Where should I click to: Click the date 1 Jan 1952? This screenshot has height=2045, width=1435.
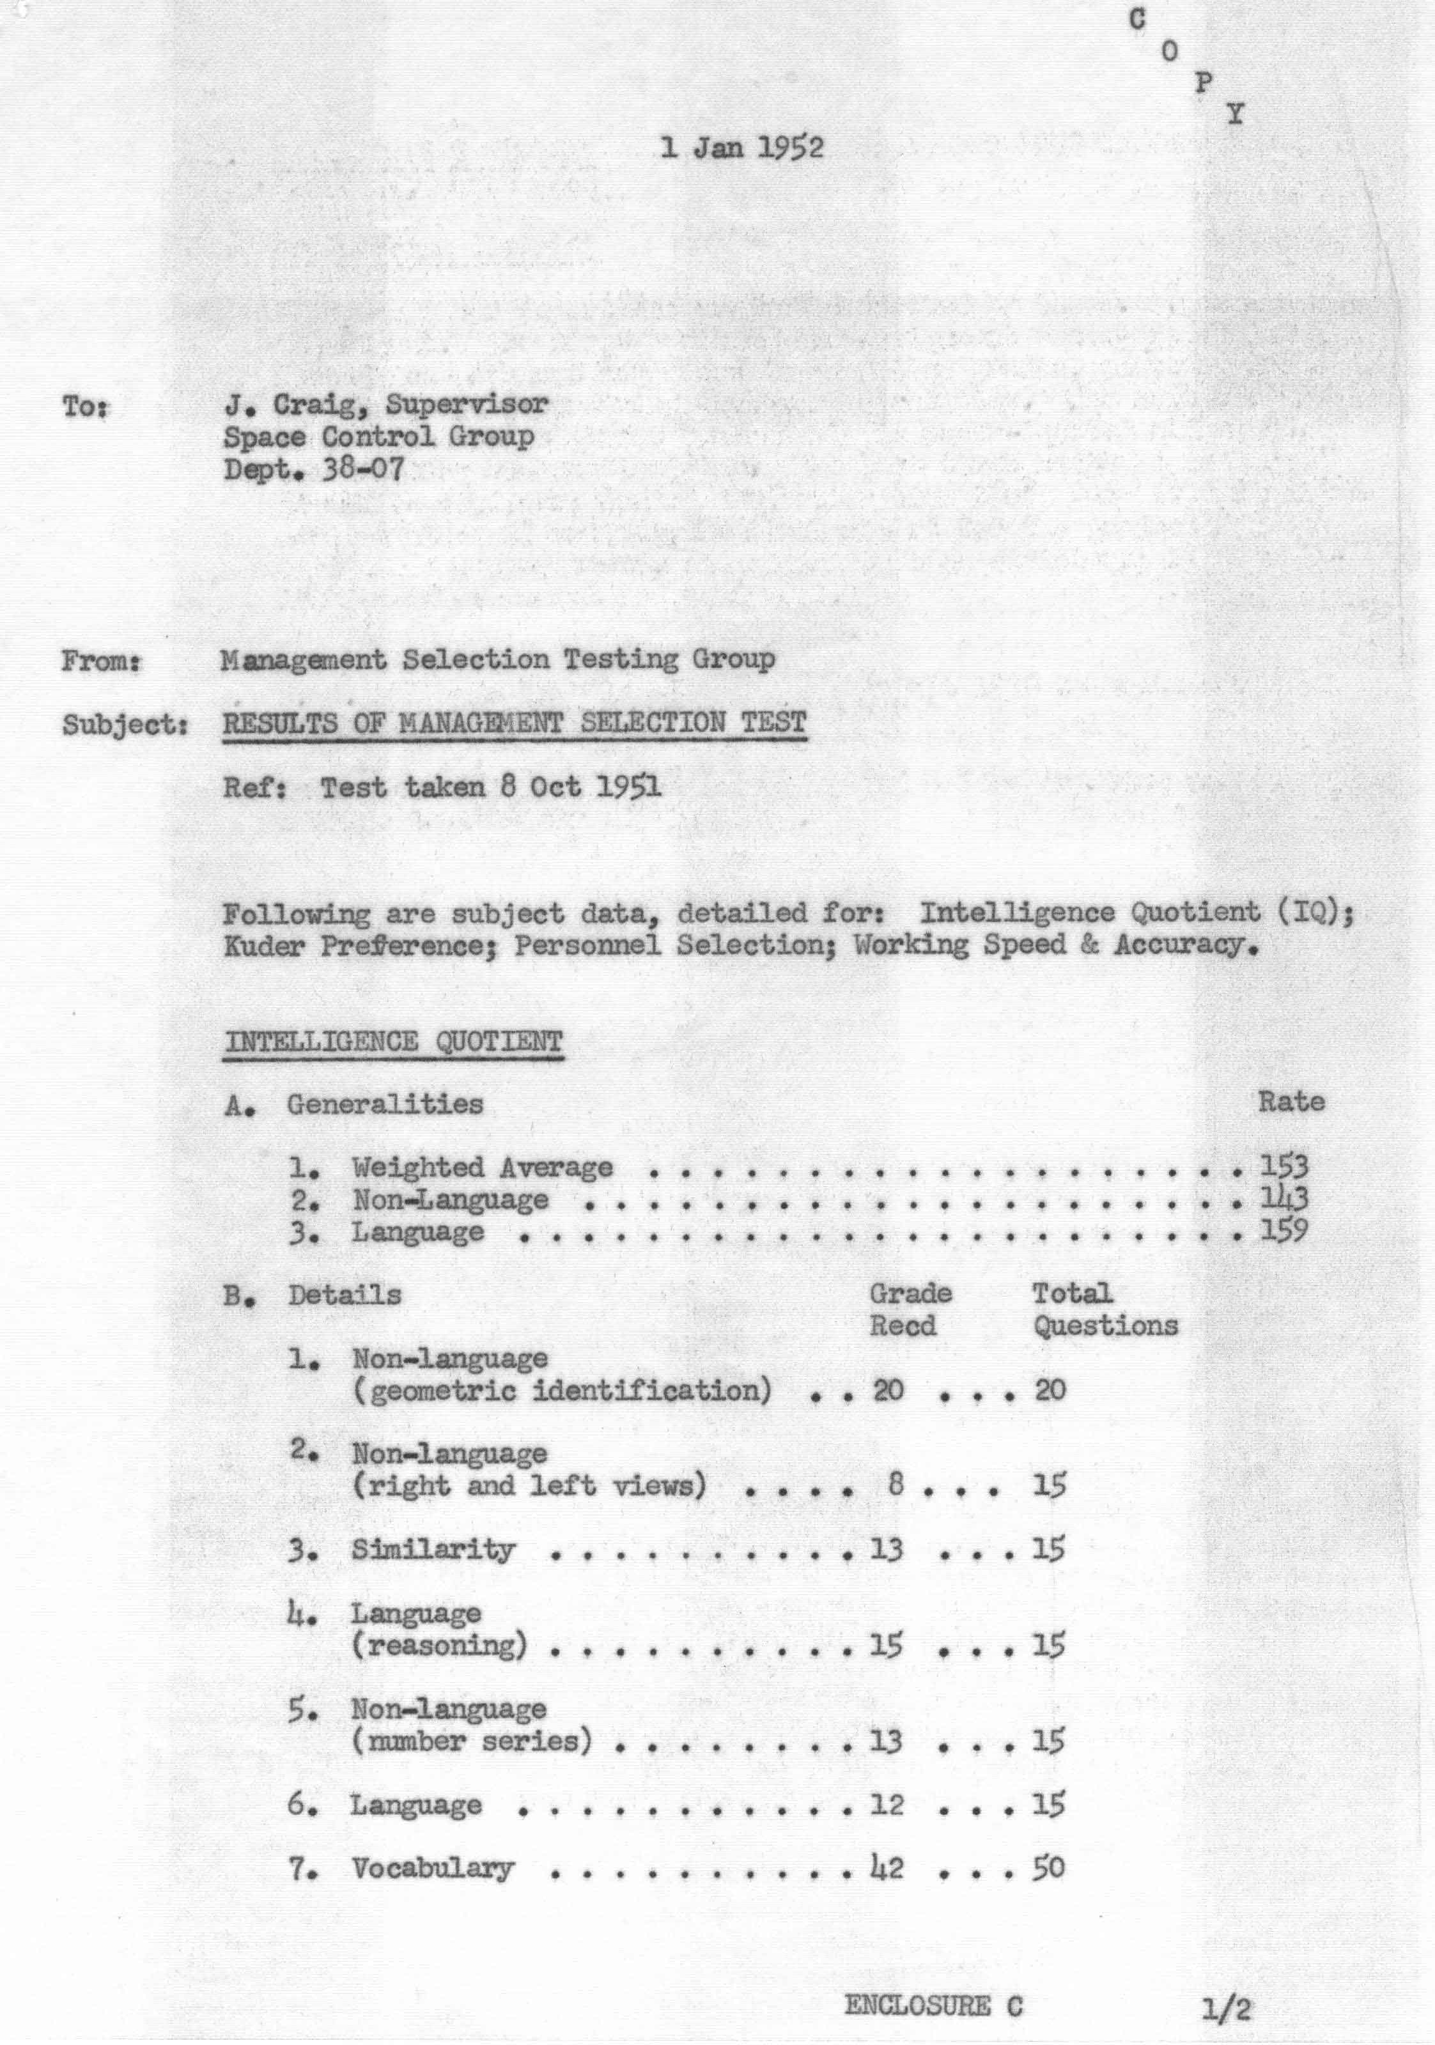tap(741, 147)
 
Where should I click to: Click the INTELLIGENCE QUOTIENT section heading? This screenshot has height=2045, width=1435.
tap(393, 1041)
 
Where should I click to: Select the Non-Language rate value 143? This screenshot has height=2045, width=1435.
tap(1284, 1199)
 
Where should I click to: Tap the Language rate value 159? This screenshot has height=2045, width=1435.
tap(1284, 1232)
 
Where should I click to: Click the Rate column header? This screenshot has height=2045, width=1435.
tap(1291, 1102)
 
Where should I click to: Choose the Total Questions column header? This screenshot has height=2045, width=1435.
tap(1105, 1309)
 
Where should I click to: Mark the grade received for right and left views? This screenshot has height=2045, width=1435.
tap(896, 1485)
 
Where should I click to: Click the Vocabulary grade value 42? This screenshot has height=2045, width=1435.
tap(887, 1868)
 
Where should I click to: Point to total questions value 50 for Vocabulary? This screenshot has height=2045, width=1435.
tap(1048, 1868)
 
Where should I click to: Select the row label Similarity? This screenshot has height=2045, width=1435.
tap(433, 1550)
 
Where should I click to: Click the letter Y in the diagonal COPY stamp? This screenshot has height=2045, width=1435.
tap(1234, 114)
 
